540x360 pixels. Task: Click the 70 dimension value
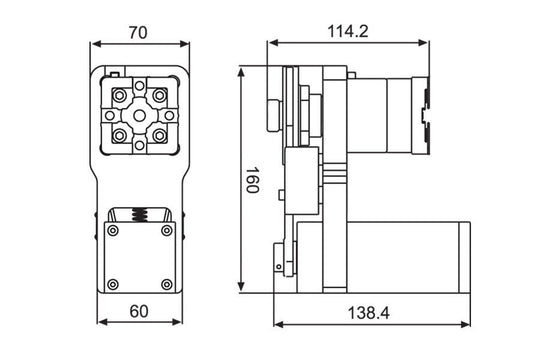[x=139, y=31]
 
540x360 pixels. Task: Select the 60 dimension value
[x=139, y=311]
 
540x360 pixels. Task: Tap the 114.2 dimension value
[x=347, y=31]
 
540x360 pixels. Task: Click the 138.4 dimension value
[x=369, y=313]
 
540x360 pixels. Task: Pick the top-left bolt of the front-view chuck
[x=120, y=96]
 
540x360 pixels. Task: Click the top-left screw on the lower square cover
[x=114, y=232]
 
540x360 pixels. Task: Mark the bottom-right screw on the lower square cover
[x=168, y=284]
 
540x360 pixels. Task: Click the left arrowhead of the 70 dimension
[x=95, y=44]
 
